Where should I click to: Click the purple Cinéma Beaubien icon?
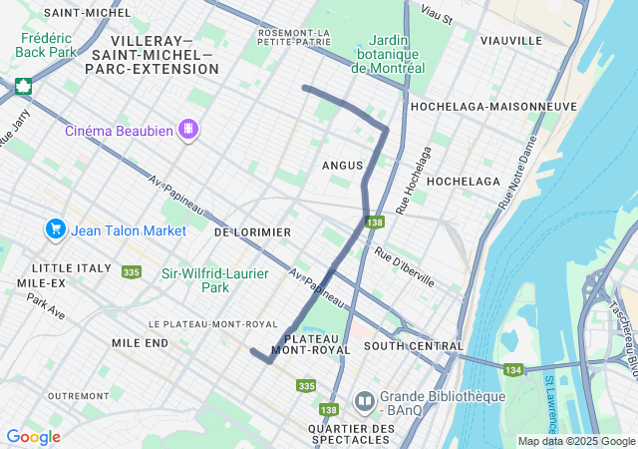tap(188, 130)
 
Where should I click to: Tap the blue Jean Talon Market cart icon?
tap(56, 229)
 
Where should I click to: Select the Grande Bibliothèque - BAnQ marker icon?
tap(364, 402)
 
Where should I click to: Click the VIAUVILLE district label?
tap(510, 41)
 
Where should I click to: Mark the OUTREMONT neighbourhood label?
tap(78, 395)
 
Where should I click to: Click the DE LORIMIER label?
tap(252, 231)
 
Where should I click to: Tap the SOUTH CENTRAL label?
tap(414, 346)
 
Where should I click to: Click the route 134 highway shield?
tap(513, 370)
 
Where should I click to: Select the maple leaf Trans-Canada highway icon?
tap(22, 85)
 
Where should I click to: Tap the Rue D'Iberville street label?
tap(405, 266)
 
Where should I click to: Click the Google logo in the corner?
tap(33, 436)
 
